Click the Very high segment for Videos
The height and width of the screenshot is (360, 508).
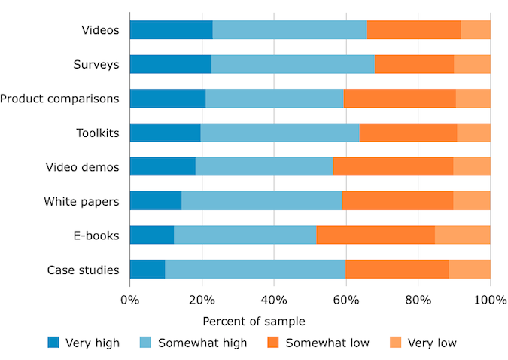(x=171, y=30)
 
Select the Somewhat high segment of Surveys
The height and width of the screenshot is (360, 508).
(x=293, y=64)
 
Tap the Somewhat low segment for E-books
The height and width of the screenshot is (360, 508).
(x=376, y=235)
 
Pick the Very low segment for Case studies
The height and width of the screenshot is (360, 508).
(x=470, y=270)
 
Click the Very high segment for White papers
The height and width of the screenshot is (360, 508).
(x=156, y=201)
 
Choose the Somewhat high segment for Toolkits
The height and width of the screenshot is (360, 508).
(x=280, y=133)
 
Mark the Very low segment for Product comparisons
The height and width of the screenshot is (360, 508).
(x=473, y=99)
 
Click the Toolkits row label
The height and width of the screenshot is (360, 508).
(x=98, y=133)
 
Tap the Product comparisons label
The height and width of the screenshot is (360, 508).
(x=59, y=99)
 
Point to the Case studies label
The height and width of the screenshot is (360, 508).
(x=83, y=270)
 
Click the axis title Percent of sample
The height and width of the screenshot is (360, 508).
(x=254, y=322)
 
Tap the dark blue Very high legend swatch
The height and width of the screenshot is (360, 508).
(x=53, y=343)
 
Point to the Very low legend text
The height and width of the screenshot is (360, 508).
(x=432, y=343)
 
